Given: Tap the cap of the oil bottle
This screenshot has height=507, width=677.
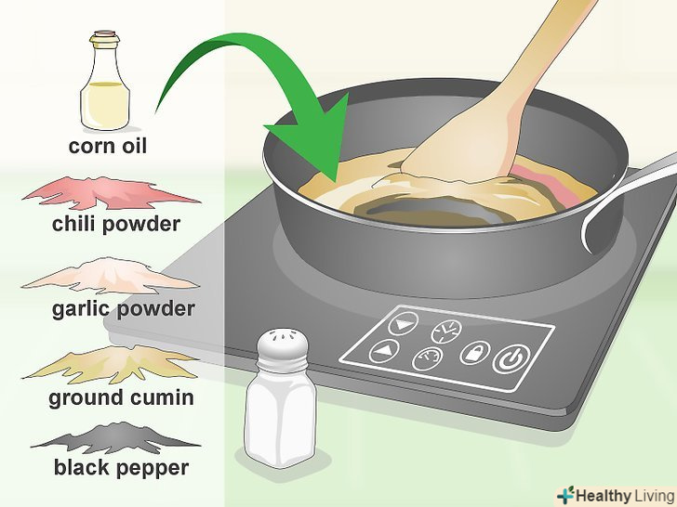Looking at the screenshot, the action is pyautogui.click(x=105, y=38).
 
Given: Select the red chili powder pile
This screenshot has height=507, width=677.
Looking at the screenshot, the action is pyautogui.click(x=110, y=193).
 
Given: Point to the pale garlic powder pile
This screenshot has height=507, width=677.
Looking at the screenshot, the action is pyautogui.click(x=110, y=276).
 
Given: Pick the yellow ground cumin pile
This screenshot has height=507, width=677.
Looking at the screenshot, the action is pyautogui.click(x=110, y=363).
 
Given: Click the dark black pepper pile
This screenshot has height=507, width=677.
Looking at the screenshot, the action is pyautogui.click(x=115, y=437).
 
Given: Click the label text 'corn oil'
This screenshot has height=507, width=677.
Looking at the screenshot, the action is pyautogui.click(x=108, y=146).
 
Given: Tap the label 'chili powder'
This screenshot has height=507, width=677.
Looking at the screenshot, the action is pyautogui.click(x=115, y=225).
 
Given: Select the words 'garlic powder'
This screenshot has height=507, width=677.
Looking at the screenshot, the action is pyautogui.click(x=124, y=309).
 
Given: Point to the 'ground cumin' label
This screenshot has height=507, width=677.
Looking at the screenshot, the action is pyautogui.click(x=121, y=398).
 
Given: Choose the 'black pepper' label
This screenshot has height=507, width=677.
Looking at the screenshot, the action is pyautogui.click(x=121, y=468).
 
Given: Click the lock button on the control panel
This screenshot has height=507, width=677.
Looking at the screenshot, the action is pyautogui.click(x=474, y=352).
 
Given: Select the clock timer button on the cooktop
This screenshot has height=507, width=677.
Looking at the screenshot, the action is pyautogui.click(x=446, y=331).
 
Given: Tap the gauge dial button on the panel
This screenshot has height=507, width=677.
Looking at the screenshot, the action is pyautogui.click(x=428, y=358).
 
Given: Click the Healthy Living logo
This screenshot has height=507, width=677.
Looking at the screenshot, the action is pyautogui.click(x=617, y=495).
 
